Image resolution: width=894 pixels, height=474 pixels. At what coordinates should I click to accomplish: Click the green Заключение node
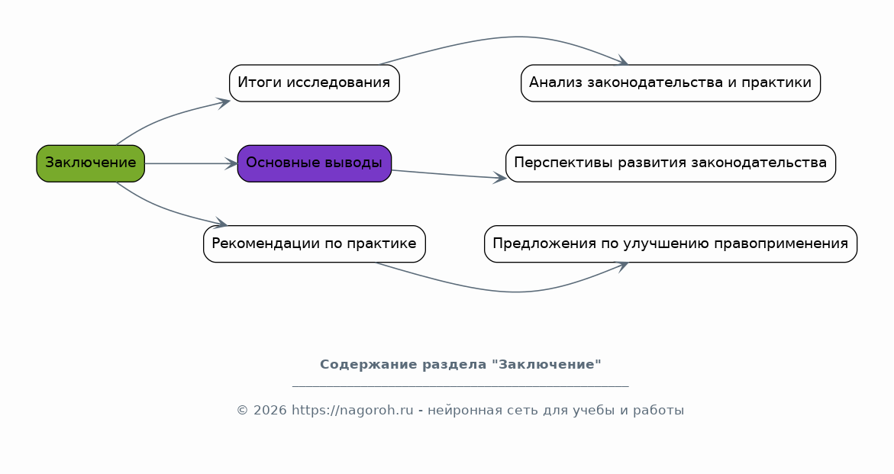[90, 163]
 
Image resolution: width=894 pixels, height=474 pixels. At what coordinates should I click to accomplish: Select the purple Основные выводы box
[314, 163]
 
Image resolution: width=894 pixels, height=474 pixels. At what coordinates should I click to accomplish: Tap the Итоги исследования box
[314, 82]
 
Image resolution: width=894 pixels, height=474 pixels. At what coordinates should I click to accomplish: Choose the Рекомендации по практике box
[314, 244]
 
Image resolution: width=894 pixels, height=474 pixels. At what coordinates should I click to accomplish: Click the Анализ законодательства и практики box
[670, 82]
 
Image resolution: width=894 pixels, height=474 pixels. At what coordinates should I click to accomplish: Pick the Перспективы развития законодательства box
[670, 163]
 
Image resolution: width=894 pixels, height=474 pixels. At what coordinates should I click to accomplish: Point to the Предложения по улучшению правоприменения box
[670, 244]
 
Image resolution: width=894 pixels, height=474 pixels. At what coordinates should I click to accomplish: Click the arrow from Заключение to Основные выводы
[191, 163]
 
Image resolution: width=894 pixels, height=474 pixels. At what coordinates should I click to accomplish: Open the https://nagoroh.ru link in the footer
[352, 411]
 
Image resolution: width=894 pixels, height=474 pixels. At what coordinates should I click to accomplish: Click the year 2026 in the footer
[269, 411]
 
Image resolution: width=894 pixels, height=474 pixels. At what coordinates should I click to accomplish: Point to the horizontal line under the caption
[460, 386]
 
